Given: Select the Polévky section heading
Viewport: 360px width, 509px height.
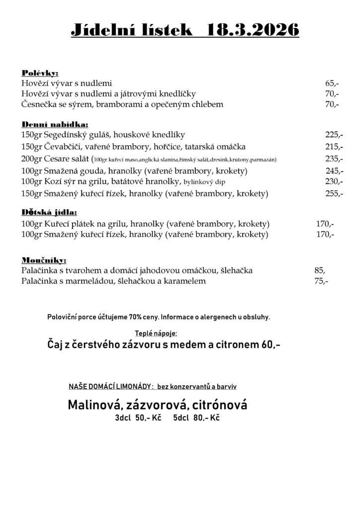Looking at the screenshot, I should (x=40, y=73).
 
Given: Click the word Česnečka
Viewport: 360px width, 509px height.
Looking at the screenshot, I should (x=40, y=104).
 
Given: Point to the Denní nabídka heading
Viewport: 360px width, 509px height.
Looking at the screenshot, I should (x=55, y=124).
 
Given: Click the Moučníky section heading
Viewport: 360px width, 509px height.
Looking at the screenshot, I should (x=44, y=260).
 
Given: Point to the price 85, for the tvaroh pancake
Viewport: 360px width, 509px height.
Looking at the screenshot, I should (x=320, y=270).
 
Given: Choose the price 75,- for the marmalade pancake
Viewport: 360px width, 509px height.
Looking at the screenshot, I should (x=321, y=281).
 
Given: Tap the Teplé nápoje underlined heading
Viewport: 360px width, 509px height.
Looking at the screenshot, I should (x=156, y=333).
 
